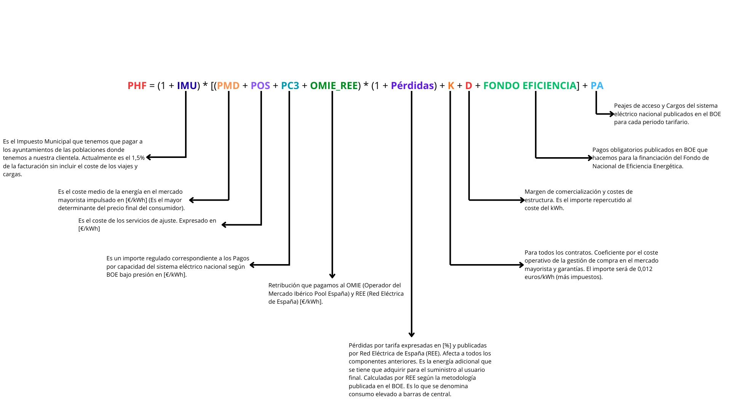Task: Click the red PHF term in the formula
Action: (137, 86)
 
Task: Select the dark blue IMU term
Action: (187, 86)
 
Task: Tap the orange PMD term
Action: (228, 86)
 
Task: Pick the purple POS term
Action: (260, 86)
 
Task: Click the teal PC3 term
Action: (290, 86)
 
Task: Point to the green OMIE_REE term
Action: (334, 86)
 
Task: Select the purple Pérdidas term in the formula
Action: (412, 86)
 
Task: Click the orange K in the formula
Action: (451, 86)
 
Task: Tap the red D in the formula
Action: (469, 86)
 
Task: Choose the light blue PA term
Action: (597, 86)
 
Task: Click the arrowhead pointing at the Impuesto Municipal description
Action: (149, 157)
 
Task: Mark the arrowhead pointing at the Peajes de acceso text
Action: (611, 114)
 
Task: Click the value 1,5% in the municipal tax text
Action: (138, 158)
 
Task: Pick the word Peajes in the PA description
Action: (623, 106)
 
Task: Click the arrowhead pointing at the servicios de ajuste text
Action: (224, 225)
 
